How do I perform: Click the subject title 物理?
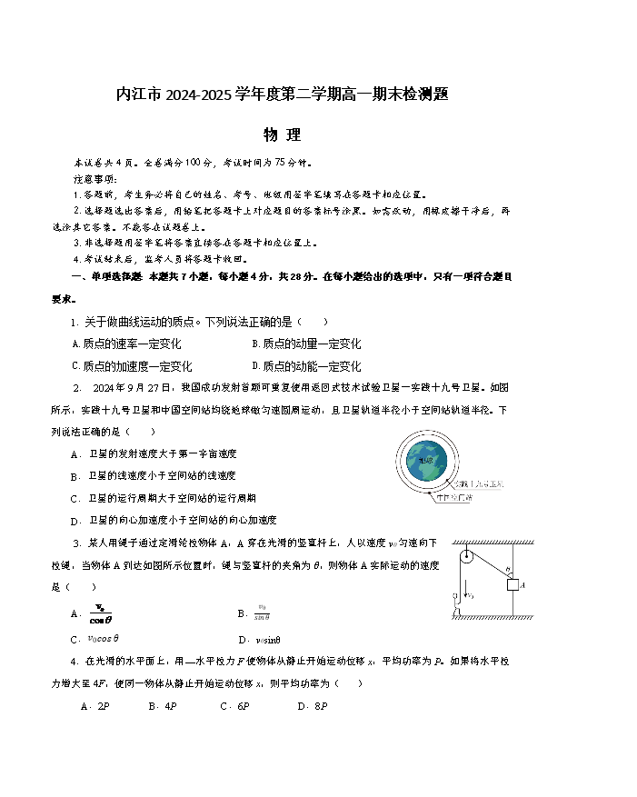pyautogui.click(x=282, y=135)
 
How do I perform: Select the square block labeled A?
pyautogui.click(x=512, y=584)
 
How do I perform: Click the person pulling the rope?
pyautogui.click(x=449, y=603)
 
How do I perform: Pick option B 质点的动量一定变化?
pyautogui.click(x=305, y=344)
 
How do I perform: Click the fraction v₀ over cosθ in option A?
pyautogui.click(x=100, y=613)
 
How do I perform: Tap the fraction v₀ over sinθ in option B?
pyautogui.click(x=262, y=612)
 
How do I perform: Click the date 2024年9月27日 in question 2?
pyautogui.click(x=133, y=386)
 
